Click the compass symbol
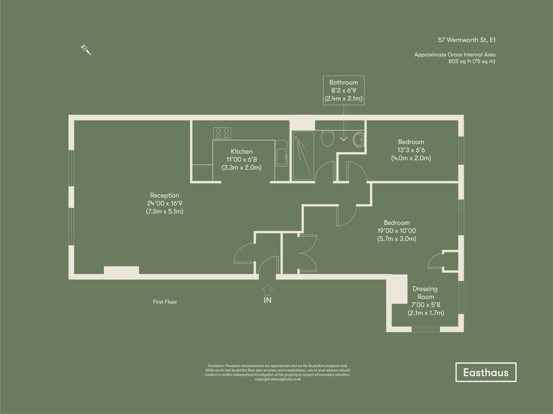click(x=85, y=49)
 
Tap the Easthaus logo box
click(x=486, y=372)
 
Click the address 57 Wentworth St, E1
click(x=466, y=40)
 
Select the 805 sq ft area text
click(x=471, y=61)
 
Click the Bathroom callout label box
click(x=343, y=90)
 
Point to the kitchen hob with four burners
click(x=222, y=133)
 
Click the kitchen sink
click(x=281, y=157)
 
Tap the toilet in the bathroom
click(x=328, y=138)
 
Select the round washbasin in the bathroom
click(x=359, y=140)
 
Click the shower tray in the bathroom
click(x=303, y=156)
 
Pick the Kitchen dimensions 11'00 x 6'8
click(x=241, y=159)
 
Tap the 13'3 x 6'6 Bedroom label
click(x=411, y=150)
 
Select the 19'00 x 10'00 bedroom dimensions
click(x=397, y=231)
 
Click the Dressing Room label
click(x=425, y=293)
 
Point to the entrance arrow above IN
click(x=267, y=290)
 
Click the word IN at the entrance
click(x=267, y=300)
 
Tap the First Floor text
click(x=165, y=302)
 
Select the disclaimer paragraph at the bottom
click(x=277, y=372)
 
